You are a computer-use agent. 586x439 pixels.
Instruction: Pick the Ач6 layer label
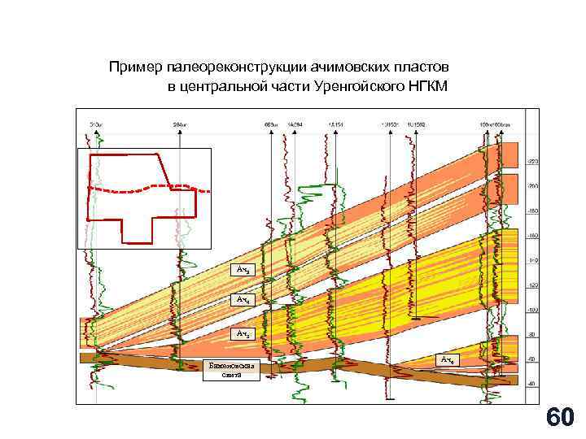pyautogui.click(x=448, y=359)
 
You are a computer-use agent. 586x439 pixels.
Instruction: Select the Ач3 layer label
pyautogui.click(x=244, y=269)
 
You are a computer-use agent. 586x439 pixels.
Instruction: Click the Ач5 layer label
pyautogui.click(x=244, y=333)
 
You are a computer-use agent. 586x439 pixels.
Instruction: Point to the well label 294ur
pyautogui.click(x=181, y=124)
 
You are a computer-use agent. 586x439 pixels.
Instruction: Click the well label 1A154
pyautogui.click(x=335, y=124)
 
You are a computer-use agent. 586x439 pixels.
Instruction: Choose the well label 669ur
pyautogui.click(x=271, y=124)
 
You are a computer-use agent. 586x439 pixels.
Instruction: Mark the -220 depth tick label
pyautogui.click(x=533, y=162)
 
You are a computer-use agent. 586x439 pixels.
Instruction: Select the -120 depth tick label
pyautogui.click(x=533, y=286)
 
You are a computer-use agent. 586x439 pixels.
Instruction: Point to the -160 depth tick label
pyautogui.click(x=533, y=236)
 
